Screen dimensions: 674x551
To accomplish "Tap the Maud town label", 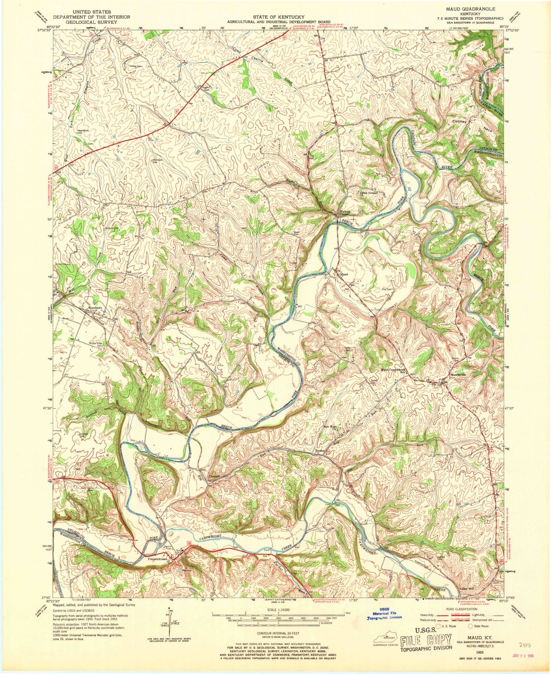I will [x=344, y=274].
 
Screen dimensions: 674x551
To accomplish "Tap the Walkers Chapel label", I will [x=345, y=214].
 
